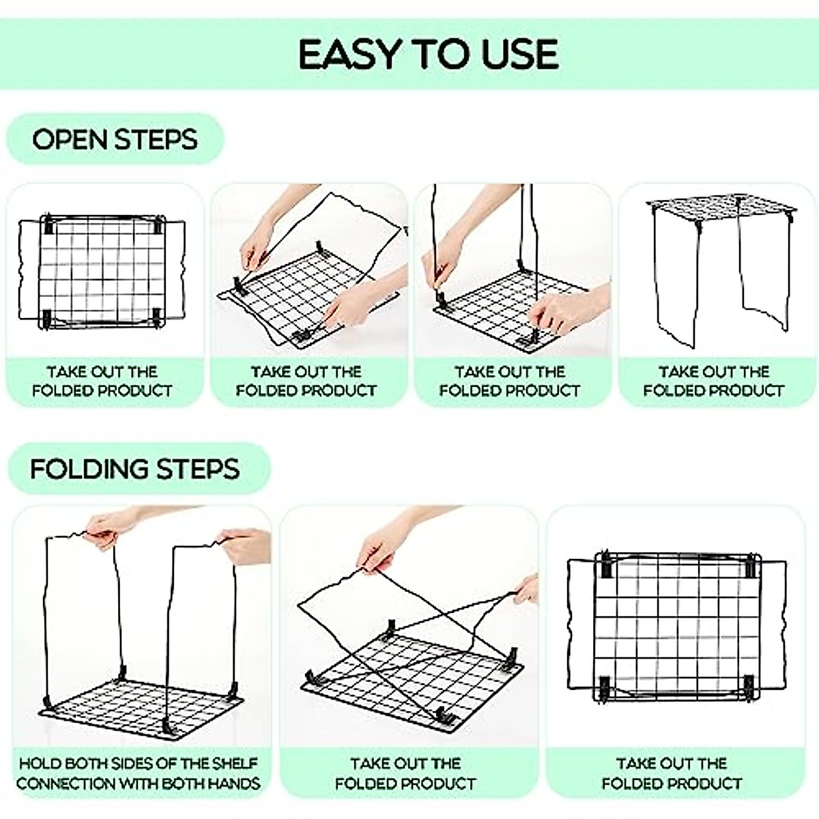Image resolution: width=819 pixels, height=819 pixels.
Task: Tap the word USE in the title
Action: pos(521,55)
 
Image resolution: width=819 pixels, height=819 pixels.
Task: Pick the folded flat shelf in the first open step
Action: pos(102,272)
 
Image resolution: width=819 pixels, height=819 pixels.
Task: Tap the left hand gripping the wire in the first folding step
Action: pos(109,529)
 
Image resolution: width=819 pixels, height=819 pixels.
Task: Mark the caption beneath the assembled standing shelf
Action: pos(713,381)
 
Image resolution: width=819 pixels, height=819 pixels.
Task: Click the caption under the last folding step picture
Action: pos(672,773)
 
